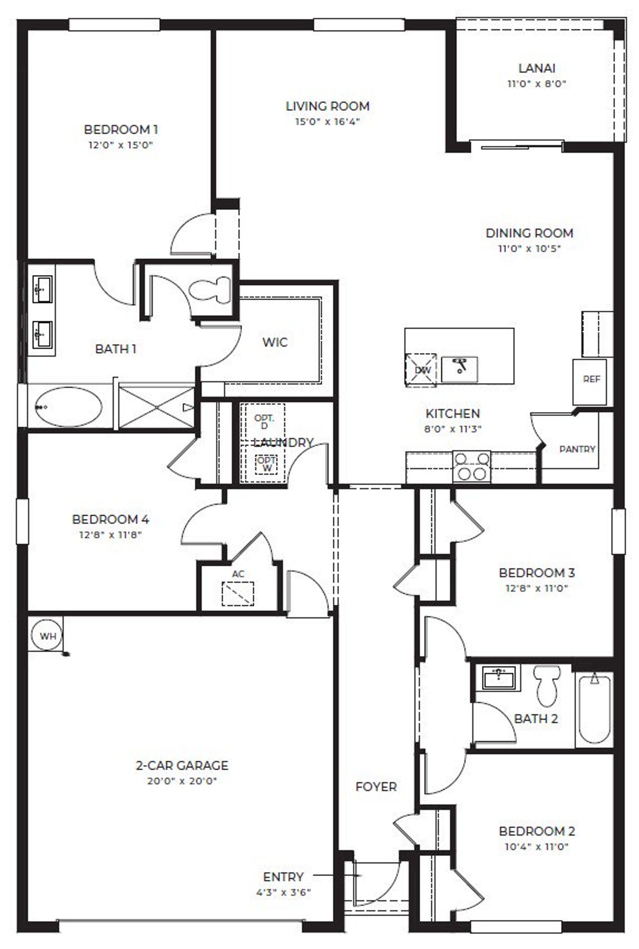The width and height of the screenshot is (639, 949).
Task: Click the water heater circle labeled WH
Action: (48, 636)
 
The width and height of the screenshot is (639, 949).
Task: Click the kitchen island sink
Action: (459, 369)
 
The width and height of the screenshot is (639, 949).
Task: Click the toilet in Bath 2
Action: (547, 684)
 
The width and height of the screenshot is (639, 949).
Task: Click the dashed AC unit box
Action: (238, 593)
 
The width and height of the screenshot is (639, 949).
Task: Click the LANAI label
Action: (537, 68)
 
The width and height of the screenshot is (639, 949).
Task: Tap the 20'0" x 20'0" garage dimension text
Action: (182, 780)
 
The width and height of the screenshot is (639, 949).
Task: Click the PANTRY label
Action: (577, 449)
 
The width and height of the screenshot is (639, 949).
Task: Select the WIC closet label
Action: (275, 342)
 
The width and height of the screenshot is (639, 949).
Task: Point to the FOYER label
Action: (376, 787)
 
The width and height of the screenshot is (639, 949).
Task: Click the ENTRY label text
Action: (283, 877)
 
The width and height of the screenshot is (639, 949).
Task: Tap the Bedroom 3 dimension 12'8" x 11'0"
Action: (537, 588)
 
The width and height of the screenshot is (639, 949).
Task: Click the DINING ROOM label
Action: (529, 233)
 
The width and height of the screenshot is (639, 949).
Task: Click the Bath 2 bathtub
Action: (594, 709)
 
